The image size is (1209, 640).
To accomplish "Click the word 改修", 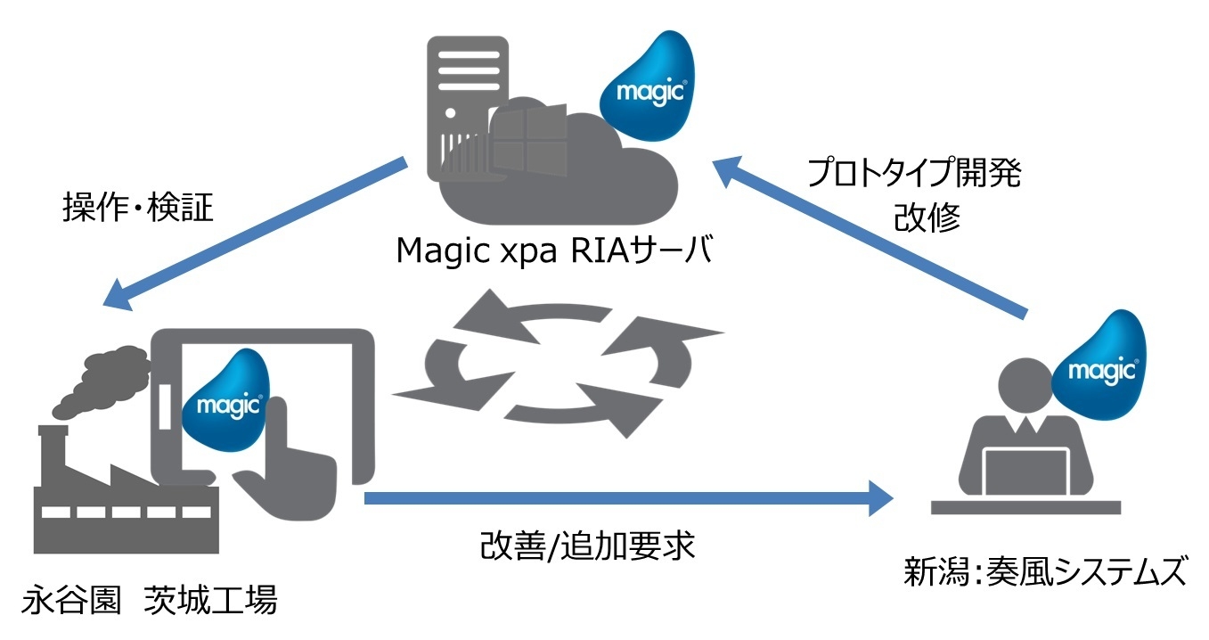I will click(927, 218).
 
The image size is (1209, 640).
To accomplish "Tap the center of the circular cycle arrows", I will click(559, 363).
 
